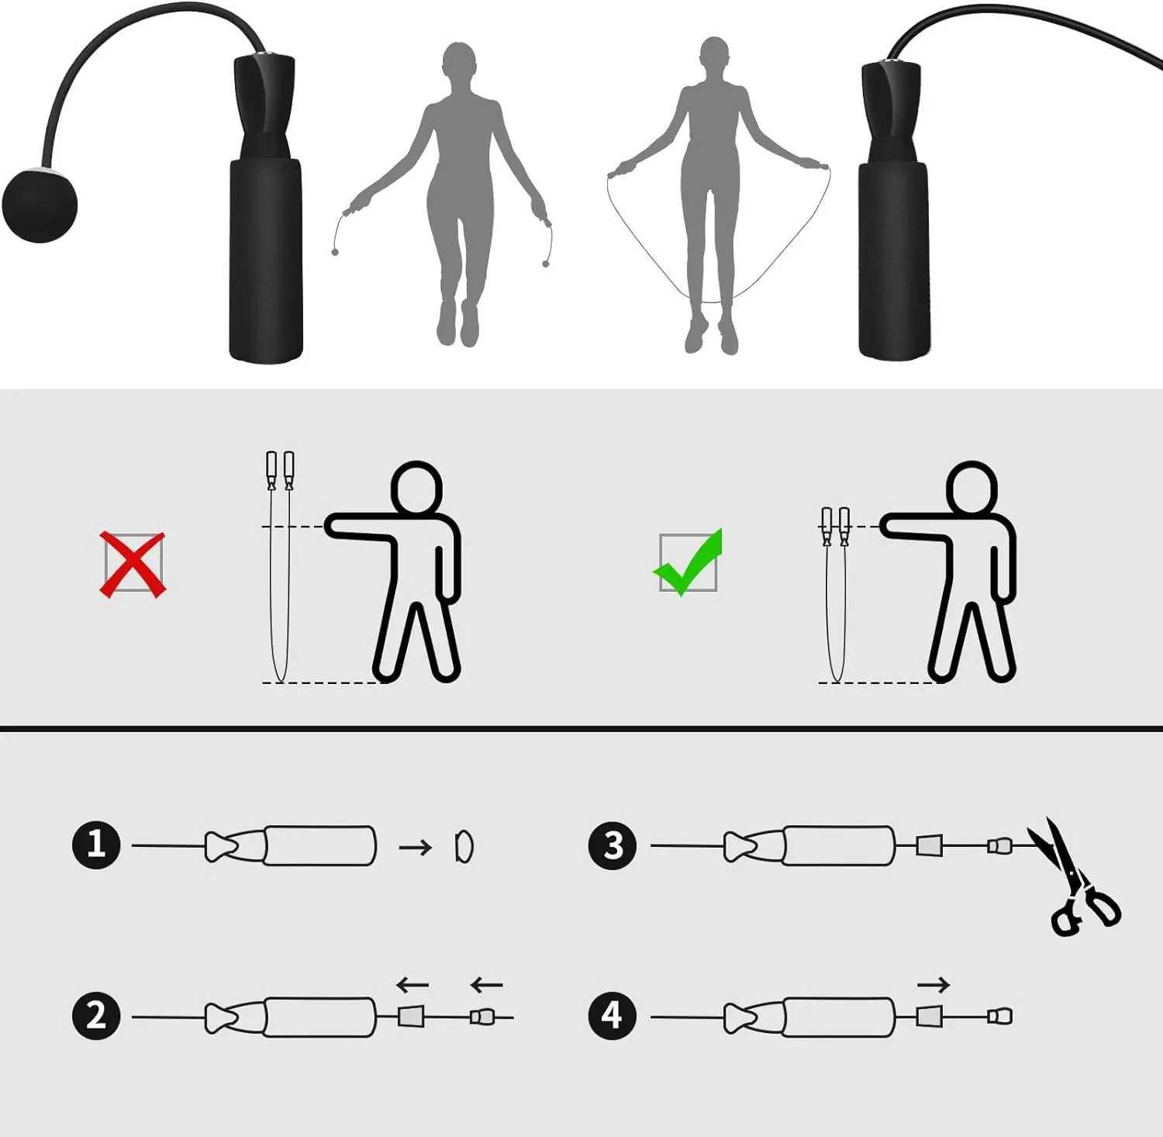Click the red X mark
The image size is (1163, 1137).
[133, 564]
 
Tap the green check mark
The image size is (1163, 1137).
[688, 563]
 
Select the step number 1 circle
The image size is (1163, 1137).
[96, 844]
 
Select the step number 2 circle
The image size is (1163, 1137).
[96, 1016]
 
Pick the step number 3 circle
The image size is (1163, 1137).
[613, 845]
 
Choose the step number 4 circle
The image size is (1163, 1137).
[613, 1016]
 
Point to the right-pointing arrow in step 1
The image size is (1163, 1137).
[415, 847]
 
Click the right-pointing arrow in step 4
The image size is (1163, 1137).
[933, 985]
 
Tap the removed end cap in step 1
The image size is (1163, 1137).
[464, 846]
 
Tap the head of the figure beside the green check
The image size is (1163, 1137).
[971, 488]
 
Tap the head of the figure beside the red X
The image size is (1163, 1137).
[416, 488]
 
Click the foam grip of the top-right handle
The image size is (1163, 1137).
[893, 260]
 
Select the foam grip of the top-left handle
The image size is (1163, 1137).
[265, 260]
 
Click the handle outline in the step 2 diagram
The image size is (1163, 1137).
[319, 1017]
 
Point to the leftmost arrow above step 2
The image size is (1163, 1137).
[412, 985]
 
